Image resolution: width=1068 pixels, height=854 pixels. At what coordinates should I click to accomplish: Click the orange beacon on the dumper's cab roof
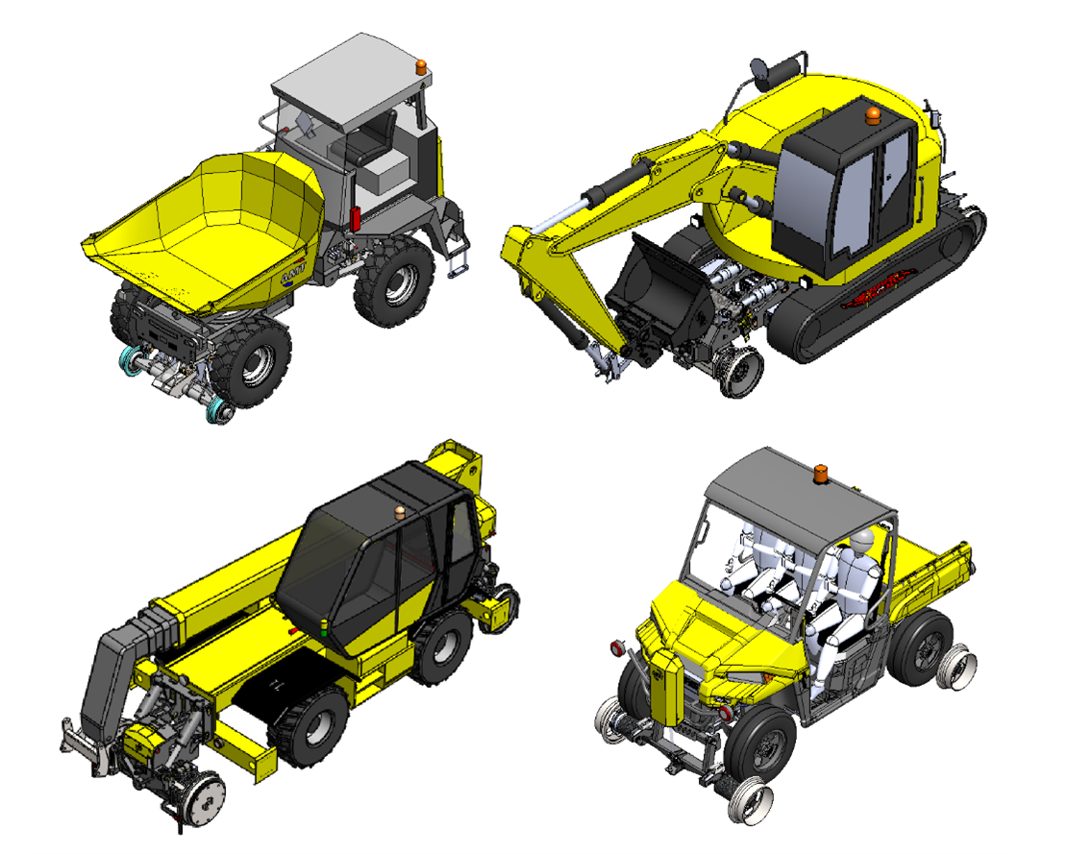coord(421,68)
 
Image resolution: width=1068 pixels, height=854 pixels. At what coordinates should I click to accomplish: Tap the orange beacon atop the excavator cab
coord(872,116)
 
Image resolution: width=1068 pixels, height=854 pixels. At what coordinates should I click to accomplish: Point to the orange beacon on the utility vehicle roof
coord(823,475)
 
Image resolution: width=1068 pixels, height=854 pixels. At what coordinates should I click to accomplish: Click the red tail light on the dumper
coord(355,218)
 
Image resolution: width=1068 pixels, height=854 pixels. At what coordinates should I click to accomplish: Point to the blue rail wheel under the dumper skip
coord(220,412)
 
